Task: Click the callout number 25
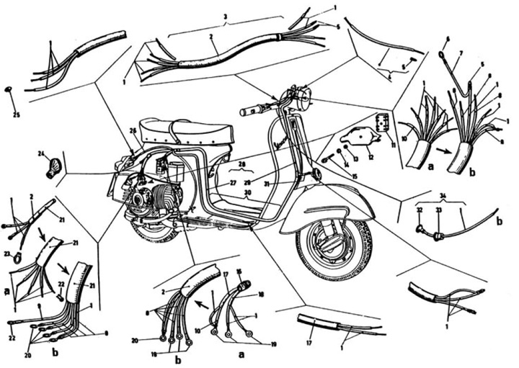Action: [x=17, y=115]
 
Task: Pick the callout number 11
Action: [x=394, y=145]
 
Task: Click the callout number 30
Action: [x=247, y=194]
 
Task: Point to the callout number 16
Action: [x=239, y=271]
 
